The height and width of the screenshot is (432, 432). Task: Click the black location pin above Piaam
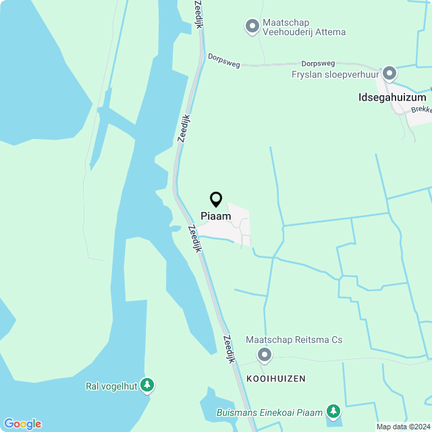click(216, 200)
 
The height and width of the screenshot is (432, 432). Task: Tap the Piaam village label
click(216, 216)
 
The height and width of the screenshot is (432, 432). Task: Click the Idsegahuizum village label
click(392, 97)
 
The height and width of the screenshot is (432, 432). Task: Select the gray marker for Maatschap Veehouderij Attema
click(252, 26)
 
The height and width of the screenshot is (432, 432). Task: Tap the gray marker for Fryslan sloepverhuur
click(389, 73)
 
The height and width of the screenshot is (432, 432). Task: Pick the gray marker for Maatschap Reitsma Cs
click(265, 354)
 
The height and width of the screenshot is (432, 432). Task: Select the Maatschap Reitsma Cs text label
click(294, 340)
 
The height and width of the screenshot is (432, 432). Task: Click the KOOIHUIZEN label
click(276, 379)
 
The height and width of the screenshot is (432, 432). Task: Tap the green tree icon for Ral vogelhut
click(147, 385)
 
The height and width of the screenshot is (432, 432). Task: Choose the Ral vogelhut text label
click(111, 386)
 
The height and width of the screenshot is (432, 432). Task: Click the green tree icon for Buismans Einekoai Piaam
click(333, 411)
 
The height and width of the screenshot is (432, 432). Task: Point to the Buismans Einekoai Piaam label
click(269, 412)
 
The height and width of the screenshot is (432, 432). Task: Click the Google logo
click(22, 423)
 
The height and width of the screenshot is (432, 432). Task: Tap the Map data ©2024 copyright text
click(403, 427)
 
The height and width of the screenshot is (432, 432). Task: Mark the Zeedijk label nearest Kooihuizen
click(230, 349)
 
